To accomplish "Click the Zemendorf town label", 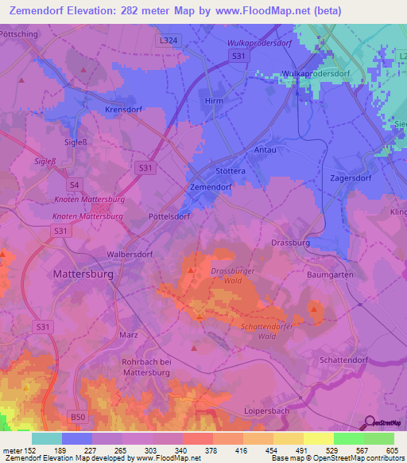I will click(x=211, y=186).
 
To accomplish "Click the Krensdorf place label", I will click(x=123, y=111).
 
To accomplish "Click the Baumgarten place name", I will click(x=328, y=274).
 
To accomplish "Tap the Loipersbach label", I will click(x=266, y=411).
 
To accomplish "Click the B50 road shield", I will click(x=77, y=417).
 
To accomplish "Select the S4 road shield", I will click(x=74, y=184).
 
